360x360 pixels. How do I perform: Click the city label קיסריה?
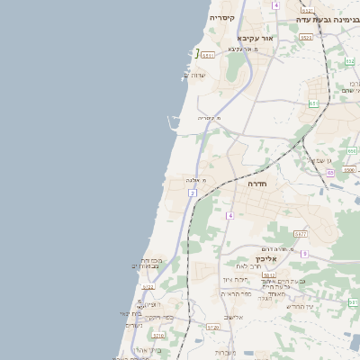(221, 17)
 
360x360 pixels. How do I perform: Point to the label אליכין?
(272, 258)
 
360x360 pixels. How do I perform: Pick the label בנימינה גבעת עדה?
(328, 18)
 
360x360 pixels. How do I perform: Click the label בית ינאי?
(131, 313)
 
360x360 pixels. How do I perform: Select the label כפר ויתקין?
(159, 317)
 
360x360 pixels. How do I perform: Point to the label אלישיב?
(233, 317)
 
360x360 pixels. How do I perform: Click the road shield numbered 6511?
(208, 55)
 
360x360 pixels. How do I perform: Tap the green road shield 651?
(313, 103)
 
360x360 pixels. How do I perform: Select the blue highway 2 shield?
(193, 193)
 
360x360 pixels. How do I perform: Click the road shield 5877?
(301, 234)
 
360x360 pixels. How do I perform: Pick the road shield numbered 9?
(304, 254)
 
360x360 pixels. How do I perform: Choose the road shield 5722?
(148, 287)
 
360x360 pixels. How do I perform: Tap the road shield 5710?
(157, 335)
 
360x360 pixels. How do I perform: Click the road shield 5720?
(212, 328)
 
